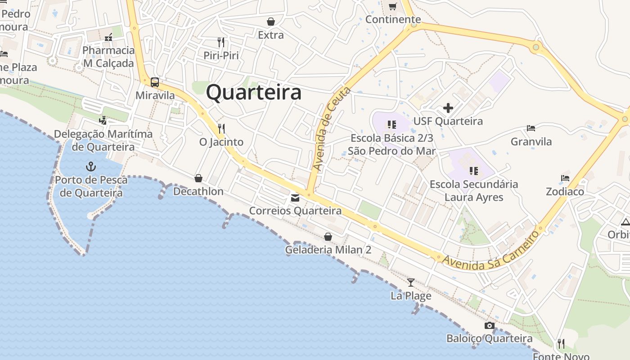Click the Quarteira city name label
click(254, 93)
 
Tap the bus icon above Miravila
click(155, 82)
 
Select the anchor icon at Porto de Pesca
click(91, 167)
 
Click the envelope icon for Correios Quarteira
click(295, 198)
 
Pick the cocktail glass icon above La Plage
click(410, 283)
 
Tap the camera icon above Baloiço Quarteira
click(489, 325)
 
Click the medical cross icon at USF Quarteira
click(448, 108)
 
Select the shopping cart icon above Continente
click(393, 6)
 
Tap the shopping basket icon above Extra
click(271, 22)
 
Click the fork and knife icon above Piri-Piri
click(220, 42)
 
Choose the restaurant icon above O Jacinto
click(221, 129)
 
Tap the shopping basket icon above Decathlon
click(198, 178)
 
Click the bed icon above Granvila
click(531, 128)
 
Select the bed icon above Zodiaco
click(565, 178)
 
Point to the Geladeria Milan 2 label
click(328, 249)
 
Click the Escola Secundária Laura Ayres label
click(474, 190)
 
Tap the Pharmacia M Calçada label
click(108, 56)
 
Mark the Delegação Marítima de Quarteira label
click(103, 140)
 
